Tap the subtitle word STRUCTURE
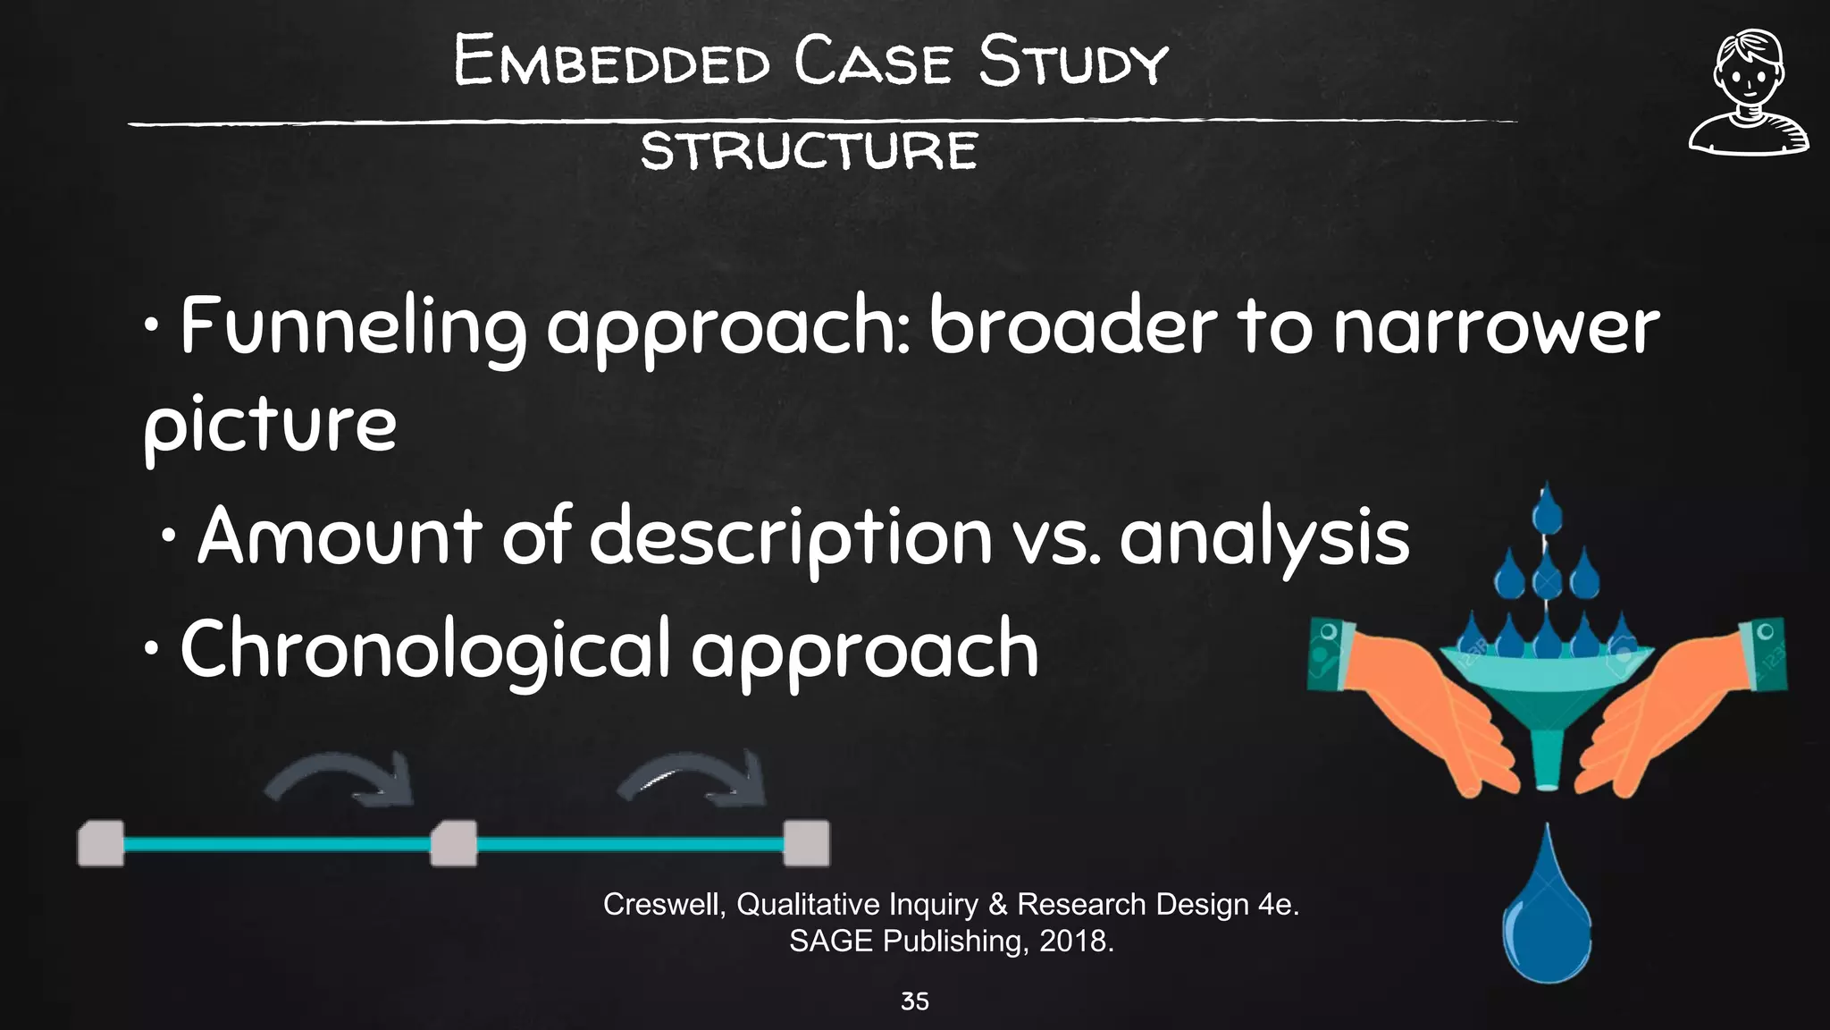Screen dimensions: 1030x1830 click(809, 150)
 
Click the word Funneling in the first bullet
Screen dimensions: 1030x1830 click(353, 327)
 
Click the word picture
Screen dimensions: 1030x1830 click(270, 426)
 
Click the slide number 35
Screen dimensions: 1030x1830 click(914, 1001)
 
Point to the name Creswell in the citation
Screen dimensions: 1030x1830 click(663, 905)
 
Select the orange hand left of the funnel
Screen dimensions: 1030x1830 click(1421, 706)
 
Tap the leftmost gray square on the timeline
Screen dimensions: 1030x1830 click(100, 843)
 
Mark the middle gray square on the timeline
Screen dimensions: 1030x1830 click(453, 843)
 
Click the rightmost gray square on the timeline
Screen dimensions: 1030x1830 click(806, 843)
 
